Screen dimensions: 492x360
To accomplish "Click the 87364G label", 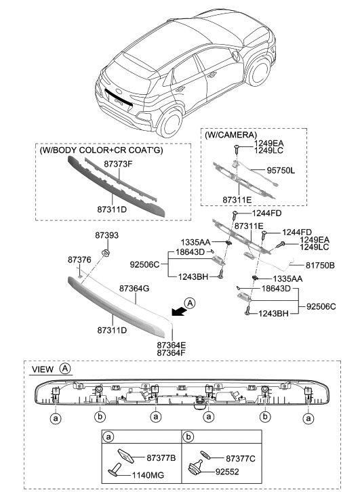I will coord(134,289).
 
